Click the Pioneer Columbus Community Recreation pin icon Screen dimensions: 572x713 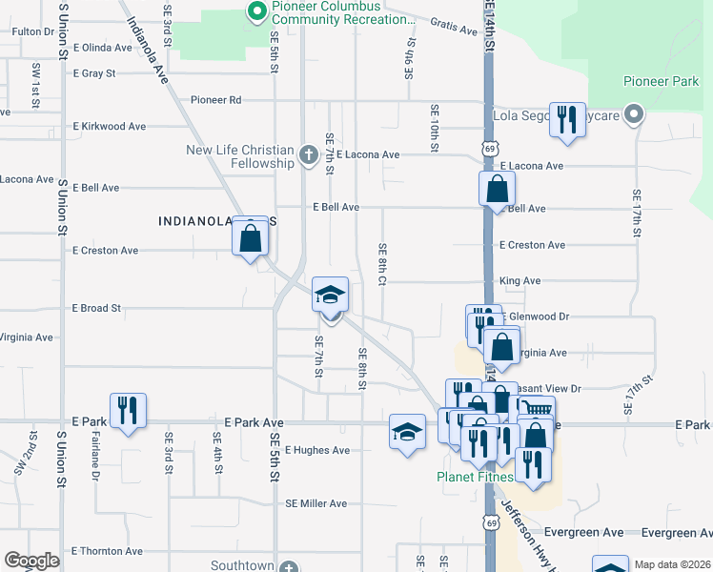(255, 11)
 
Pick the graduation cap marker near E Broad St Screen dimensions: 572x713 (330, 296)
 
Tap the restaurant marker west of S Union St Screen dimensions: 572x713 (128, 411)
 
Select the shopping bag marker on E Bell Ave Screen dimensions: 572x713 (497, 189)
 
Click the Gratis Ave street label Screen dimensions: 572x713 (453, 28)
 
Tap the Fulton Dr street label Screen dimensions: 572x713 (33, 31)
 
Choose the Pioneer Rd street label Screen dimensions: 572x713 (216, 99)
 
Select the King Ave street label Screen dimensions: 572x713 (519, 281)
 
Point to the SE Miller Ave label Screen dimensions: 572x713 (316, 503)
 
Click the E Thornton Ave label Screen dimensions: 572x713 (107, 551)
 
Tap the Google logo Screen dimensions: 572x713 (31, 560)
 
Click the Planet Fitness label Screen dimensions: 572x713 (475, 477)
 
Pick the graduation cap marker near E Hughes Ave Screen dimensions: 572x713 (407, 431)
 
